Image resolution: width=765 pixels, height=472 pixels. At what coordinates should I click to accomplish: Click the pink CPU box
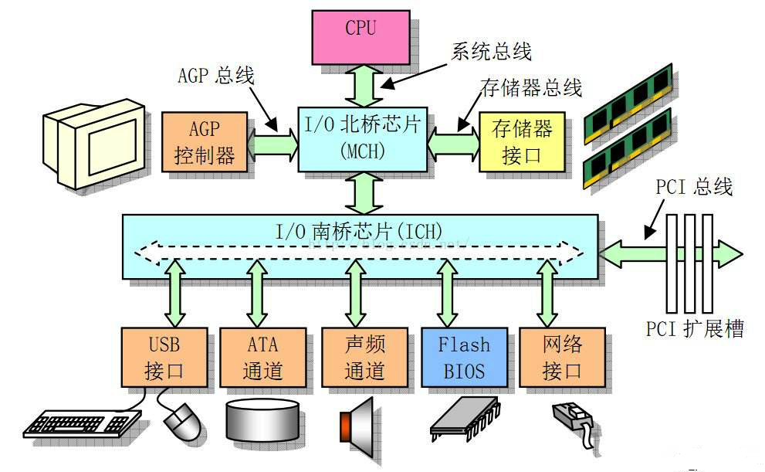pos(360,37)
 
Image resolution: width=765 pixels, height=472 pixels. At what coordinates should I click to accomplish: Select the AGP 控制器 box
pos(206,141)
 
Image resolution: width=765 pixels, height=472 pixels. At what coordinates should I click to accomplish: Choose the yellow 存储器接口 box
pos(522,141)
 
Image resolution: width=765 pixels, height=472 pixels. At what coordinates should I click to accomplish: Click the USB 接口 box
pos(164,356)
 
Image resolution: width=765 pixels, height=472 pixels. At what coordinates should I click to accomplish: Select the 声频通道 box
pos(364,356)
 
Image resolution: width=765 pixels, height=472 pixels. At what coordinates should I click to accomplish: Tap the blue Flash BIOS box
pos(464,356)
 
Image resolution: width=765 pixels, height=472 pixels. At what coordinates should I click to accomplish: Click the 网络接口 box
pos(562,356)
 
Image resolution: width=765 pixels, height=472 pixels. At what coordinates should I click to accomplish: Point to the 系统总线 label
pos(491,52)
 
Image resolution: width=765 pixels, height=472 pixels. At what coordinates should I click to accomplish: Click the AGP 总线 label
pos(215,76)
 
